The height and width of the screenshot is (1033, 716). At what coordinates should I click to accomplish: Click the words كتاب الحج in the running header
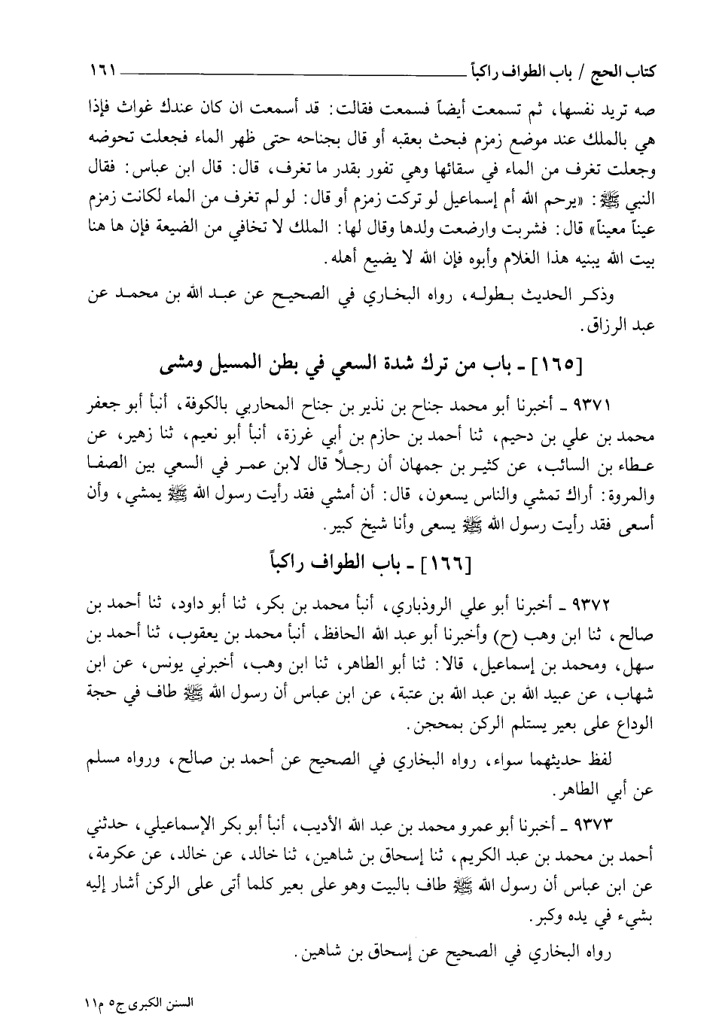pos(626,74)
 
